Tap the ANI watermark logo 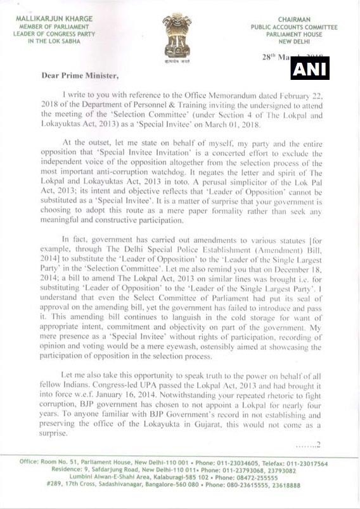pyautogui.click(x=310, y=68)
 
